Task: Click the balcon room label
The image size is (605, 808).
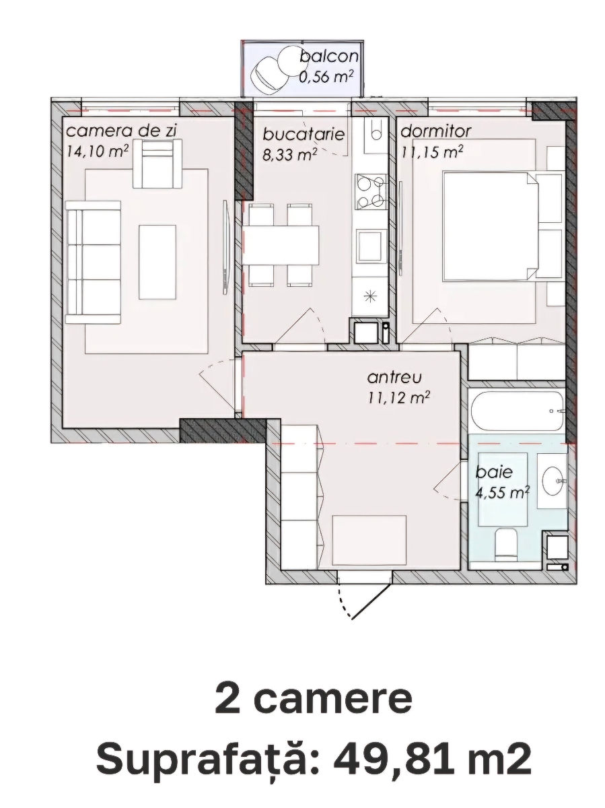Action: click(x=329, y=57)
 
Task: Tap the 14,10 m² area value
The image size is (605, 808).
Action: click(x=97, y=151)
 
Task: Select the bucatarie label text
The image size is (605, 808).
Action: click(x=304, y=135)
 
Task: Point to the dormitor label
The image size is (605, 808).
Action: click(x=435, y=131)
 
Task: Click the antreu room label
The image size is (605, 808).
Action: click(x=394, y=377)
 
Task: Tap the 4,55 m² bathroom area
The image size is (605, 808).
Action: click(x=503, y=492)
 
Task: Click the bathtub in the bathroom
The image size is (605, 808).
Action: click(x=517, y=411)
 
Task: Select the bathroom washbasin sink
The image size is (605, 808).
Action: click(x=552, y=481)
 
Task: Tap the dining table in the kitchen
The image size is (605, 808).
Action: click(x=281, y=245)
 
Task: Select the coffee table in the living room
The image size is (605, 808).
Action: click(x=157, y=262)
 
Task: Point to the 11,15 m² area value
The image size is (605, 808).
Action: click(x=432, y=151)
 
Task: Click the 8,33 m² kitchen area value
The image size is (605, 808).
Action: click(x=290, y=155)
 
